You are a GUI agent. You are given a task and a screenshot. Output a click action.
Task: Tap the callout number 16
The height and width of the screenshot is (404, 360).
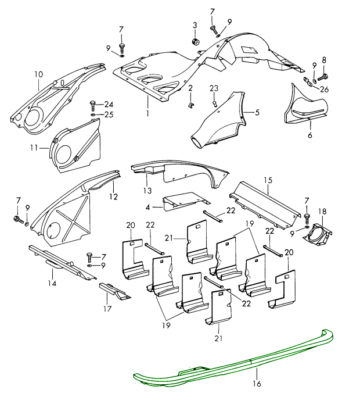pyautogui.click(x=257, y=384)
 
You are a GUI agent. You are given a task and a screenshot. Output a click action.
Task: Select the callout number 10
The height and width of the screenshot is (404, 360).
pyautogui.click(x=38, y=74)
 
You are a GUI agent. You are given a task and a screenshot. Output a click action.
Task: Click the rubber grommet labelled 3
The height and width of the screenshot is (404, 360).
pyautogui.click(x=196, y=42)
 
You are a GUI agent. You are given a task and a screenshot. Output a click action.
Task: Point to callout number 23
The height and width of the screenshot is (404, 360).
pyautogui.click(x=214, y=88)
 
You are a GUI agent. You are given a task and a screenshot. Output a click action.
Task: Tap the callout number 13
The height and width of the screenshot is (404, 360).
pyautogui.click(x=147, y=191)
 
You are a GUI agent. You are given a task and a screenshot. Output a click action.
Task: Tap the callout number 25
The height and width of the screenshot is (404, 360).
pyautogui.click(x=109, y=115)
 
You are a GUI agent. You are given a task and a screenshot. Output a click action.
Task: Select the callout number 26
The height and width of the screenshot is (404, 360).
pyautogui.click(x=324, y=89)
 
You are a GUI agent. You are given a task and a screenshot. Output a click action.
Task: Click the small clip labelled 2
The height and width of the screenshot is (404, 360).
pyautogui.click(x=190, y=105)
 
